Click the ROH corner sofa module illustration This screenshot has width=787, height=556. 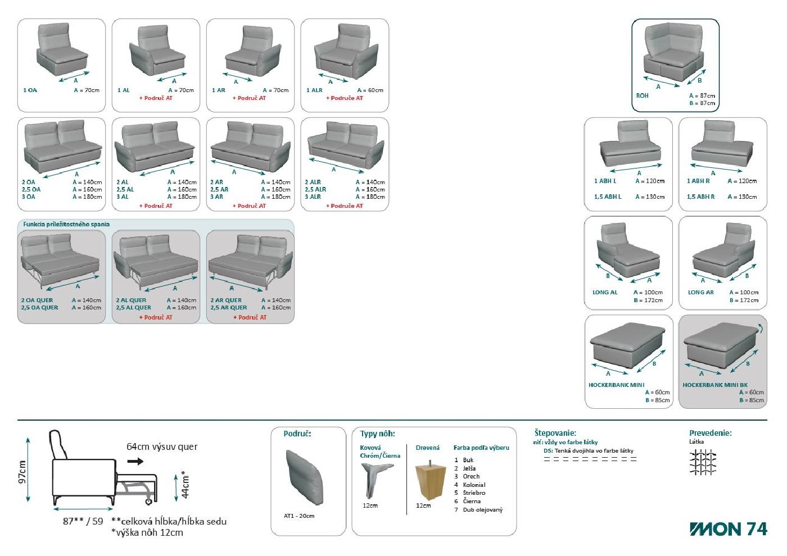click(x=674, y=53)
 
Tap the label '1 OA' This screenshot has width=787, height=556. click(x=30, y=90)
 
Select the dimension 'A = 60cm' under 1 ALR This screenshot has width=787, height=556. click(x=370, y=90)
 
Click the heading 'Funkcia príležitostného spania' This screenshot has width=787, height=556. click(x=66, y=224)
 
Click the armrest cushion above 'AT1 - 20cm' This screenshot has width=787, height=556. click(x=304, y=477)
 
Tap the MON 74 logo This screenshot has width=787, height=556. click(x=729, y=529)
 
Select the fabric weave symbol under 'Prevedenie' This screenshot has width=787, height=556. click(x=703, y=462)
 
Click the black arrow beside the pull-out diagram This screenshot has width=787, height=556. click(x=135, y=461)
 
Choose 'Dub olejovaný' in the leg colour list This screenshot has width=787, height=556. click(x=482, y=510)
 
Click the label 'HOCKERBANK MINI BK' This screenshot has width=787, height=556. click(x=715, y=385)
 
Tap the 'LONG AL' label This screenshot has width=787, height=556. click(x=605, y=293)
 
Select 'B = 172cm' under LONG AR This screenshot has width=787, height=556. click(x=744, y=300)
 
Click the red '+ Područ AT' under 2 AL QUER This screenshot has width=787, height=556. click(x=156, y=317)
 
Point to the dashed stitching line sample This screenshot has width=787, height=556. click(x=590, y=459)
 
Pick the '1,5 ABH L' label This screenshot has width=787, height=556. click(x=608, y=197)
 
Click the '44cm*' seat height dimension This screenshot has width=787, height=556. click(x=185, y=485)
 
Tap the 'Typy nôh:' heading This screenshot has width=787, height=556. click(x=377, y=434)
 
